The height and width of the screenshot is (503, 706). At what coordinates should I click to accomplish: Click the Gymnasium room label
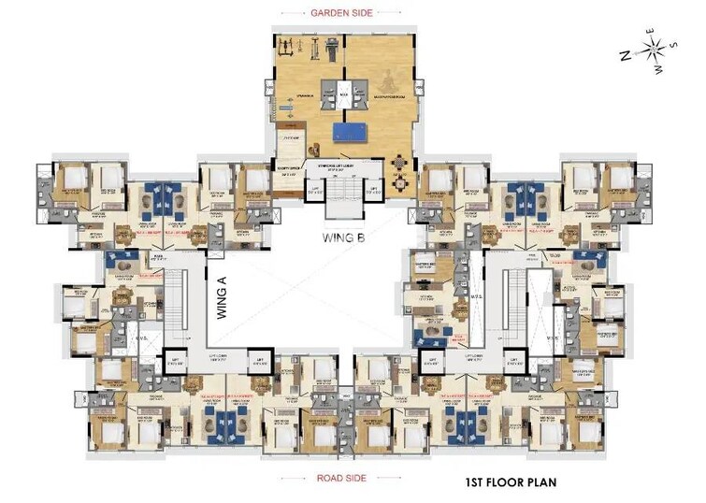click(x=301, y=95)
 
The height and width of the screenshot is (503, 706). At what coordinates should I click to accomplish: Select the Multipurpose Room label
click(x=379, y=95)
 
